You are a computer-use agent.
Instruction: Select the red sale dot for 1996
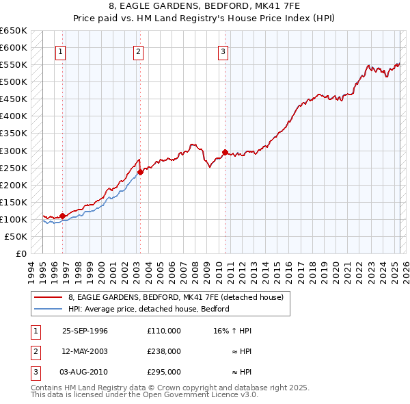pyautogui.click(x=62, y=216)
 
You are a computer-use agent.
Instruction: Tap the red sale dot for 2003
pyautogui.click(x=140, y=172)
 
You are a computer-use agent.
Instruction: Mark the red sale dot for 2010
pyautogui.click(x=225, y=152)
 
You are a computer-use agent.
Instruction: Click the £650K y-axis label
pyautogui.click(x=14, y=31)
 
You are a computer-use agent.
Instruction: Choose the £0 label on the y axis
pyautogui.click(x=21, y=253)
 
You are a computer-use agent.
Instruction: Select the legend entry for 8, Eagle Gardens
pyautogui.click(x=179, y=297)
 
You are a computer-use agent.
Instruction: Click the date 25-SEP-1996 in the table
pyautogui.click(x=85, y=330)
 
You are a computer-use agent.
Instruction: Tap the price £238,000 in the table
pyautogui.click(x=164, y=351)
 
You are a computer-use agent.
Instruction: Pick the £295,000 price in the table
pyautogui.click(x=164, y=373)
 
